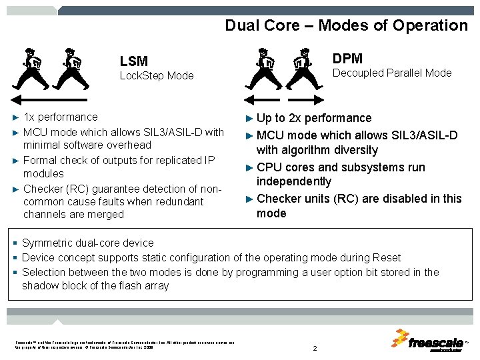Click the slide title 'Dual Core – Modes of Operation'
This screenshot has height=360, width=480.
tap(346, 25)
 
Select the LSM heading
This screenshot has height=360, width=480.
tap(133, 61)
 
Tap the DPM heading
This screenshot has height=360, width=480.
tap(347, 59)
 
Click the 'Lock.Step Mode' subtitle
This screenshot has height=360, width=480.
tap(156, 76)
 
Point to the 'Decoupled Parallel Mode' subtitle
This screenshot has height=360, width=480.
tap(391, 73)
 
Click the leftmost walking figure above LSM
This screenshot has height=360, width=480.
tap(30, 68)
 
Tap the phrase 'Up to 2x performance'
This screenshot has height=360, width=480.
tap(314, 119)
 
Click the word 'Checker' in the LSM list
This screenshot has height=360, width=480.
tap(41, 187)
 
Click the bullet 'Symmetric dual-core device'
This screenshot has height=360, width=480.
tap(87, 243)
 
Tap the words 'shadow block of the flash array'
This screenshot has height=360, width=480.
tap(95, 286)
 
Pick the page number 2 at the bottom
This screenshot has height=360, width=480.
tap(314, 349)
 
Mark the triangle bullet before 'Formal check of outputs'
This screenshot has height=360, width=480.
tap(16, 161)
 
